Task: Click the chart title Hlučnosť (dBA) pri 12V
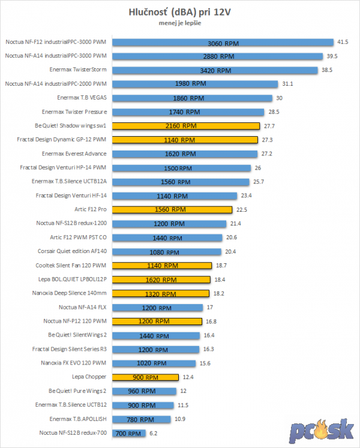pyautogui.click(x=179, y=11)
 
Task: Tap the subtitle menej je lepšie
pyautogui.click(x=179, y=23)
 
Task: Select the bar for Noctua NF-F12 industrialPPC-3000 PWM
pyautogui.click(x=223, y=43)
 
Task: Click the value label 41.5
pyautogui.click(x=343, y=43)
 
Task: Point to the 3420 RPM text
pyautogui.click(x=215, y=70)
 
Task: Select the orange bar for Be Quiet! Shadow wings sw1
pyautogui.click(x=186, y=126)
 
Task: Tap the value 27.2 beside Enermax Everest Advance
pyautogui.click(x=265, y=154)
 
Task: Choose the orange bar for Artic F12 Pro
pyautogui.click(x=172, y=210)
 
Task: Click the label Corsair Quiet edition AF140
pyautogui.click(x=72, y=251)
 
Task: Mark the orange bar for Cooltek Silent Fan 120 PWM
pyautogui.click(x=162, y=265)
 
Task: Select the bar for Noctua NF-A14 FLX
pyautogui.click(x=158, y=307)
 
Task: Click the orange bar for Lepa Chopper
pyautogui.click(x=146, y=377)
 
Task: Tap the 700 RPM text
pyautogui.click(x=128, y=433)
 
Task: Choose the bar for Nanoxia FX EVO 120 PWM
pyautogui.click(x=154, y=363)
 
